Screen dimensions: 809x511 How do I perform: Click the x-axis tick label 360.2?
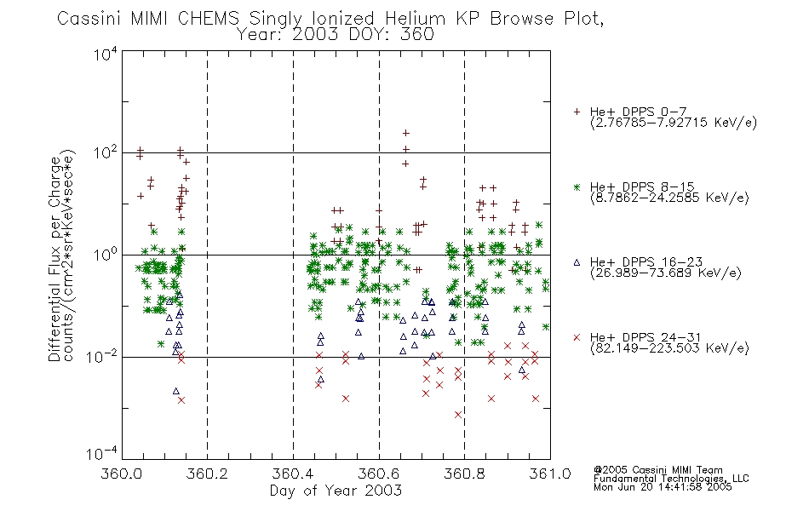[207, 474]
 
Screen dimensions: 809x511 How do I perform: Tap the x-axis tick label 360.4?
[293, 474]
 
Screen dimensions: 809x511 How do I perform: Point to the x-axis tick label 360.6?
[379, 474]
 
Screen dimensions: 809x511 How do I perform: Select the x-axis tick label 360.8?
[464, 474]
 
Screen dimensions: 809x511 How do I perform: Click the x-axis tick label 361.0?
[550, 474]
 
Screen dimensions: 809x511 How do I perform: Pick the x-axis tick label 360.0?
[122, 474]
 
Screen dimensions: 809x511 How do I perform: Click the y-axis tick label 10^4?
[106, 54]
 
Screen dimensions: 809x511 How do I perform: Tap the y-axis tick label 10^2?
[106, 153]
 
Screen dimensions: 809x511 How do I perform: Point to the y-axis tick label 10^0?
[106, 255]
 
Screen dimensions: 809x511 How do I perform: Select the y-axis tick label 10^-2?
[102, 356]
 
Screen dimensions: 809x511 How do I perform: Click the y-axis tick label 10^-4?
[102, 453]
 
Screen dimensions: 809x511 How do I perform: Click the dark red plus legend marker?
[577, 112]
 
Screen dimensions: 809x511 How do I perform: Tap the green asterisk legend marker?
[577, 187]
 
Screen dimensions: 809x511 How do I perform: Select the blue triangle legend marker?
[577, 262]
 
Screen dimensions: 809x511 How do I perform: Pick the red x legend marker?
[577, 337]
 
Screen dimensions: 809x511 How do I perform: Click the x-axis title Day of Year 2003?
[336, 491]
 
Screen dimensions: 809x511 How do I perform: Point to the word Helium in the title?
[415, 19]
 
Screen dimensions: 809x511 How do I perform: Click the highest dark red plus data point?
[406, 133]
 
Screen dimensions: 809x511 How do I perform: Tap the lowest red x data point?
[457, 415]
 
